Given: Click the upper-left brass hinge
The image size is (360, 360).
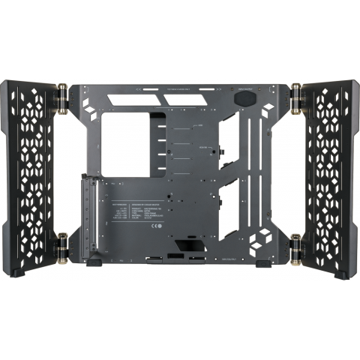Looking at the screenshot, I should pyautogui.click(x=63, y=97).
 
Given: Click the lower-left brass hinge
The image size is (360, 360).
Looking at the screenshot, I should pyautogui.click(x=63, y=244).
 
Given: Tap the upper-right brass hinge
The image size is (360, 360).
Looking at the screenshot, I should pyautogui.click(x=296, y=97).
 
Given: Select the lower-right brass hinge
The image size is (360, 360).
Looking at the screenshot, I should pyautogui.click(x=296, y=244).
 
